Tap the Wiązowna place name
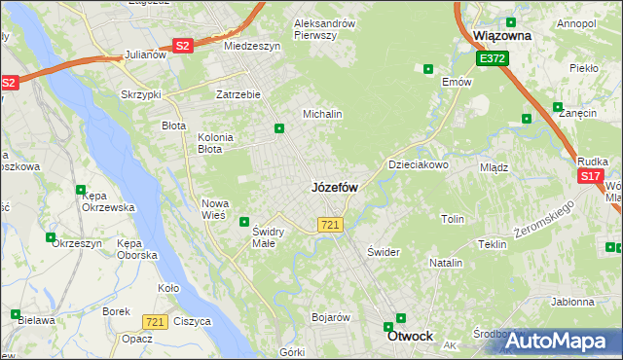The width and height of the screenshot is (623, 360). [x=501, y=35]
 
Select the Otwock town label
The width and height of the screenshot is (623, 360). [x=410, y=336]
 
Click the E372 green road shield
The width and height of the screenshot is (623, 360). [x=492, y=59]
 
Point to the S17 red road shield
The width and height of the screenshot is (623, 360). [x=590, y=176]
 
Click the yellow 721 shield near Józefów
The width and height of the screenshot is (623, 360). [x=329, y=225]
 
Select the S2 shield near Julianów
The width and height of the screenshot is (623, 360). [x=183, y=46]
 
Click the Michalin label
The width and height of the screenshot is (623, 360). [x=322, y=114]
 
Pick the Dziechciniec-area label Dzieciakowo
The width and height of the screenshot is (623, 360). [x=419, y=164]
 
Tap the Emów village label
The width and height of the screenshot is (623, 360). [x=457, y=82]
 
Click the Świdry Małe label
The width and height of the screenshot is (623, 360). [x=268, y=236]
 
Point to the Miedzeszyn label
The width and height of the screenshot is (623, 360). [x=251, y=46]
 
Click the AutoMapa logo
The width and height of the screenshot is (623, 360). [x=556, y=341]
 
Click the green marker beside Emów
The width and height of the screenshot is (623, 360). [x=428, y=68]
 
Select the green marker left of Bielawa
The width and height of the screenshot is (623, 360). [x=16, y=314]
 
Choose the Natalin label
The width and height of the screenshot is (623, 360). [x=446, y=263]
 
